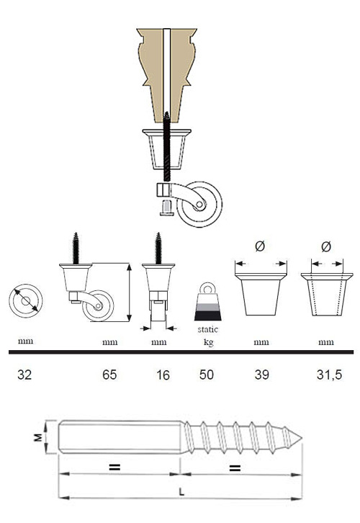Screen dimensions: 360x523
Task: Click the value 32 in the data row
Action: [x=24, y=375]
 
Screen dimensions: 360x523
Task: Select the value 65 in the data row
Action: [x=109, y=375]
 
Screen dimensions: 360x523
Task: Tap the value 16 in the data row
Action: [x=163, y=375]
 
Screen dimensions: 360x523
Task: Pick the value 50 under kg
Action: [x=207, y=375]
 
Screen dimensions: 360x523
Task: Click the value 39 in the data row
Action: [x=261, y=375]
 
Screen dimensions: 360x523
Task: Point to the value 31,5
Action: [x=329, y=375]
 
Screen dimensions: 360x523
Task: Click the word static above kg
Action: [x=207, y=329]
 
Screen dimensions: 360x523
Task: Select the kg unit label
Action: [x=208, y=342]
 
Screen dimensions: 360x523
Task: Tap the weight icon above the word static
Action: [x=207, y=302]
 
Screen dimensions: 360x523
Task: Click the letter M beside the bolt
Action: [x=38, y=437]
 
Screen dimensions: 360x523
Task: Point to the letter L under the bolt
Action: [x=181, y=491]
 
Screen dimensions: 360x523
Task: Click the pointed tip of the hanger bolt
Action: [x=302, y=438]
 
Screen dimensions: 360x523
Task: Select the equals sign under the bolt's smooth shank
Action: [x=114, y=468]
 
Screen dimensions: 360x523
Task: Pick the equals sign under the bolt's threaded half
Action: [x=235, y=468]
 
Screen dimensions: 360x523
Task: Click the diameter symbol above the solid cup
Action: [x=260, y=246]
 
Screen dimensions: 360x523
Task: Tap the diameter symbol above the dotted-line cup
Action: [x=326, y=246]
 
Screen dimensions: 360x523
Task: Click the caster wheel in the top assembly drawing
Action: [x=199, y=204]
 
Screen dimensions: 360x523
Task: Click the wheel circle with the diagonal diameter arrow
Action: [x=26, y=301]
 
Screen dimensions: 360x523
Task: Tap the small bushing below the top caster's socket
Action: [x=166, y=207]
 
